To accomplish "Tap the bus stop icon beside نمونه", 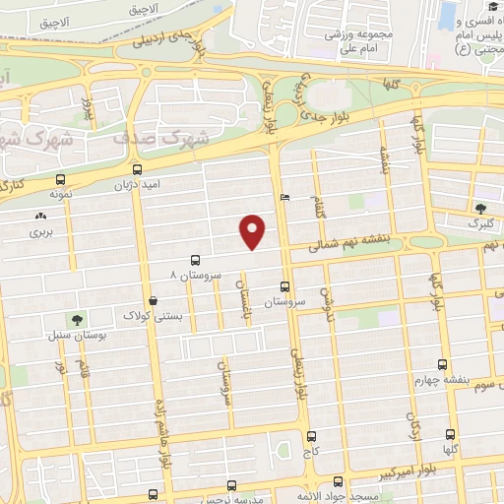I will (x=61, y=180).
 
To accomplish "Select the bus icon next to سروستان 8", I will (x=195, y=261).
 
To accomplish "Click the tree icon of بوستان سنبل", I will (x=77, y=318).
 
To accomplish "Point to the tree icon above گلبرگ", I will (x=479, y=208).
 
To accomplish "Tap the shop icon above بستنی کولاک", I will (x=152, y=300).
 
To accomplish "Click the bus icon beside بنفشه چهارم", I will (x=442, y=363).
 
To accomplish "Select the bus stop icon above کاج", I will (x=312, y=436).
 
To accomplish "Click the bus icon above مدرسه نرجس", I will (x=231, y=485).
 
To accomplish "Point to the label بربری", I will (x=39, y=232).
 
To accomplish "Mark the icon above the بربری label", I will (x=40, y=216).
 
